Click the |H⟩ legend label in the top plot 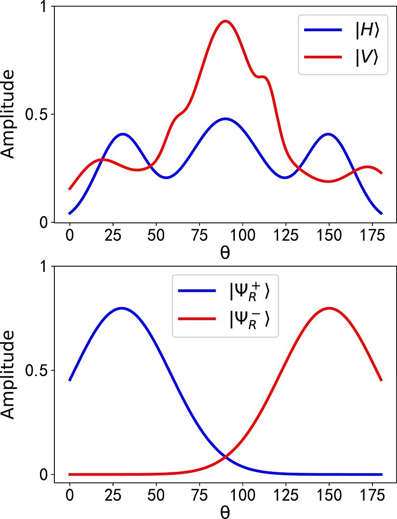(x=367, y=30)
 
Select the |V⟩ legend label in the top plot (x=367, y=57)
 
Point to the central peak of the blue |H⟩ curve (x=225, y=118)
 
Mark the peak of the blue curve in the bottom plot (x=122, y=308)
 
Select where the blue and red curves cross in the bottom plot (x=225, y=456)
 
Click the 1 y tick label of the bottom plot (x=45, y=267)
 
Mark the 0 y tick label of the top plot (x=45, y=222)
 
